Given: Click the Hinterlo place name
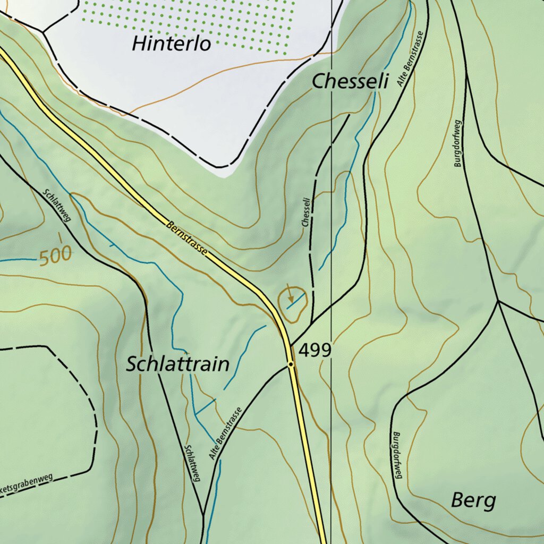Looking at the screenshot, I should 171,43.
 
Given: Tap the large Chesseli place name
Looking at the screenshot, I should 350,81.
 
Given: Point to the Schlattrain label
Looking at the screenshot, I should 178,364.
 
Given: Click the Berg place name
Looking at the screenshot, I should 473,500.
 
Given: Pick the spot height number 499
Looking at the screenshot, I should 315,351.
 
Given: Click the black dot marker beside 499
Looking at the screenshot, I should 291,364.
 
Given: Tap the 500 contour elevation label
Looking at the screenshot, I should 55,257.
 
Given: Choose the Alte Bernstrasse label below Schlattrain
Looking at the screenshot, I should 225,434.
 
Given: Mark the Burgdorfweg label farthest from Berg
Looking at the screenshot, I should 458,143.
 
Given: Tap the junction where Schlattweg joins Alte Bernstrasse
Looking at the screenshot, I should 203,514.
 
